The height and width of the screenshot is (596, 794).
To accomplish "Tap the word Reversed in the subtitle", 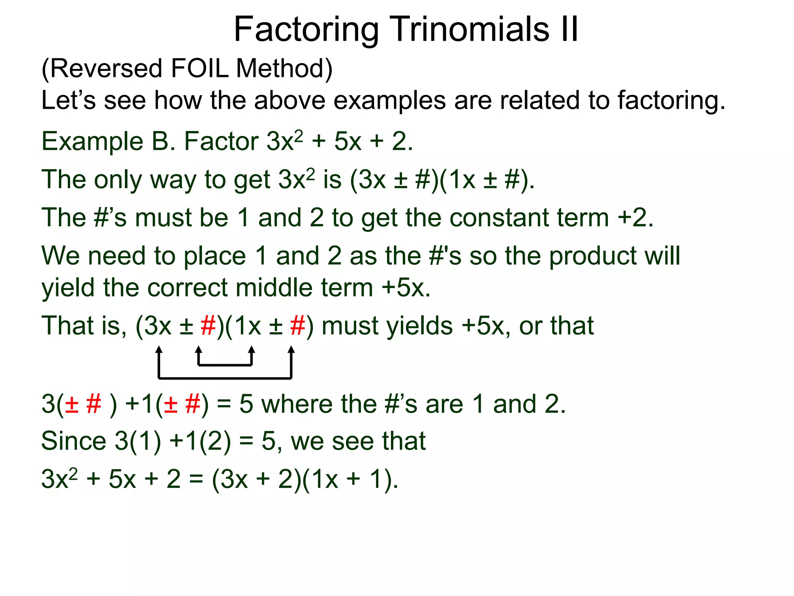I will (x=106, y=69).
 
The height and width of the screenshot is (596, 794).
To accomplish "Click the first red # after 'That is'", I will (x=208, y=326).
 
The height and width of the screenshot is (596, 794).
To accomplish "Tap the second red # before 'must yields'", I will (x=297, y=326).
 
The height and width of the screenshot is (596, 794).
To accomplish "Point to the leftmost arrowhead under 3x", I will (x=159, y=350).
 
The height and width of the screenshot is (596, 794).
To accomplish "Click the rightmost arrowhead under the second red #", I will (x=291, y=350).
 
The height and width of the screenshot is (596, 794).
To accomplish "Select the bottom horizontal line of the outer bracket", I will (x=225, y=378).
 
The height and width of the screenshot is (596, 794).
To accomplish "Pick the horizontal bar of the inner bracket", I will (x=225, y=365).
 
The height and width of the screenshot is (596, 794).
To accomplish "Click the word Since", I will (x=74, y=442).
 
